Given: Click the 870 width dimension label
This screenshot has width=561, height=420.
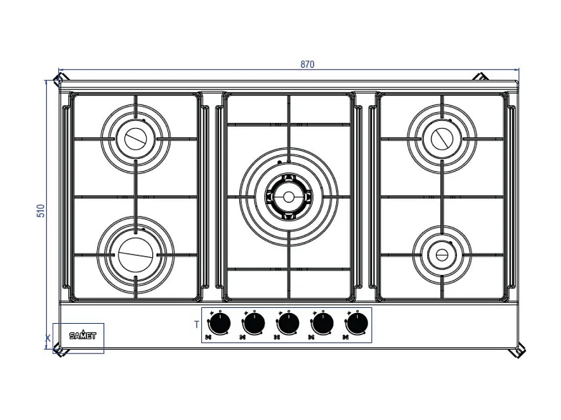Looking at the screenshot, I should point(307,64).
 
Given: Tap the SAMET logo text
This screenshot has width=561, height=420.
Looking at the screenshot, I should point(82,336).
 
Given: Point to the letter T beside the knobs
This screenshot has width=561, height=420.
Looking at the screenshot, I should point(197,325).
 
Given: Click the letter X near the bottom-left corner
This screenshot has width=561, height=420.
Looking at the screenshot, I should point(48,338).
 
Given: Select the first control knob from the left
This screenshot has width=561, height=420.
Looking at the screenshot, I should point(220,324).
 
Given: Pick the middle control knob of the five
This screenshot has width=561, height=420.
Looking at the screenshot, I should point(288,324).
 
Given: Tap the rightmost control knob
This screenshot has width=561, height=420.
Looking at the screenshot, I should point(357,324).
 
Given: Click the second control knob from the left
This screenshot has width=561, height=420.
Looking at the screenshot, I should point(254,324).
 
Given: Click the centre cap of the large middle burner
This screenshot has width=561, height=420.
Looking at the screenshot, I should point(288,197).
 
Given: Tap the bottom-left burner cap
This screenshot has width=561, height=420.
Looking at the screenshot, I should point(135,256).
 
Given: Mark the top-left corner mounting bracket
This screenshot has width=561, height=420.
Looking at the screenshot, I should point(58,79).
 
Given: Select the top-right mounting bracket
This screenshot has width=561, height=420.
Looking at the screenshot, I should point(480,77).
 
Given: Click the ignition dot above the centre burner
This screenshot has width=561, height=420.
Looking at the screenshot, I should point(280,162).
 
